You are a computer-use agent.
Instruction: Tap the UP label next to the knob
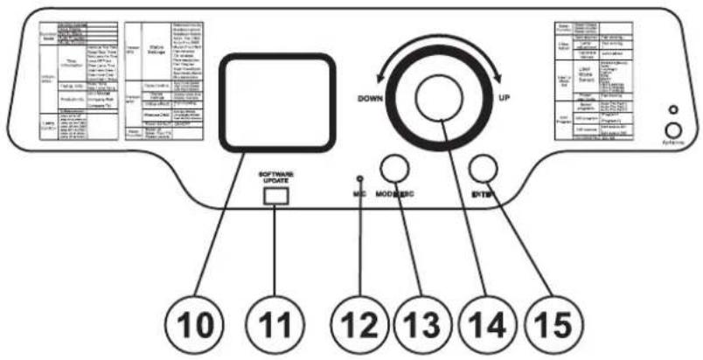tap(504, 99)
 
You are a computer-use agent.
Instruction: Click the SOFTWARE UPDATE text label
tap(275, 178)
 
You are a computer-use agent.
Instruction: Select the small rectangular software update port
tap(275, 197)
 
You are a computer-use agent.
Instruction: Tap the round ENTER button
tap(482, 167)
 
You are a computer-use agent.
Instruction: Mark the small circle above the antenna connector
tap(672, 110)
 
